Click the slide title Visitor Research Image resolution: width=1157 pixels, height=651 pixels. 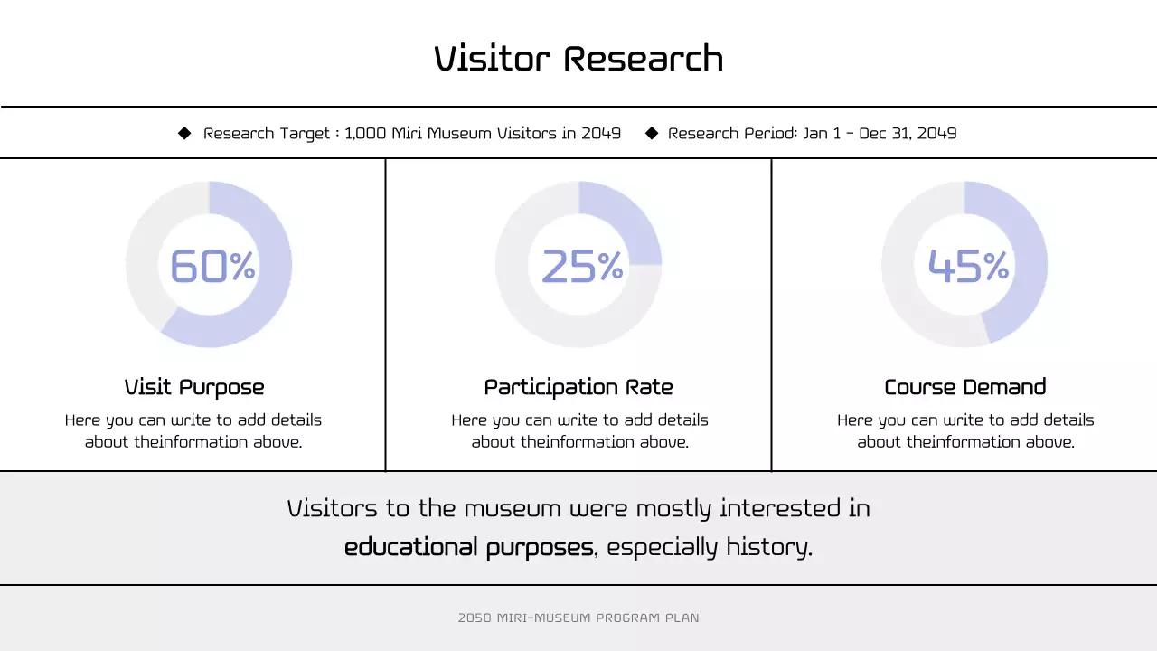click(x=578, y=59)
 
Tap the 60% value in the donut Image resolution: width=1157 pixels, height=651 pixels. click(x=212, y=266)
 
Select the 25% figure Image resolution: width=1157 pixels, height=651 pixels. click(x=582, y=266)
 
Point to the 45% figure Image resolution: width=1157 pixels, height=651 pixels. click(x=968, y=266)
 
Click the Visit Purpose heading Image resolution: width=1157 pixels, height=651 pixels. click(x=194, y=387)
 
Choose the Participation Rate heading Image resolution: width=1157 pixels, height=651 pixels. click(x=578, y=387)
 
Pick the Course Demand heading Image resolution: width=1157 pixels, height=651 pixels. click(x=964, y=387)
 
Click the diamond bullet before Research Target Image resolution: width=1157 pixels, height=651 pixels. click(x=184, y=133)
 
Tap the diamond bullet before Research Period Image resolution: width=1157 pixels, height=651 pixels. click(x=652, y=133)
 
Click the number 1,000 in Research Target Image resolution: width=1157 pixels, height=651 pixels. click(x=365, y=134)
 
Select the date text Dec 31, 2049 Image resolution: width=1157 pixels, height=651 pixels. click(x=908, y=134)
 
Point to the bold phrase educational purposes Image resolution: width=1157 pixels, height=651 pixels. click(x=468, y=547)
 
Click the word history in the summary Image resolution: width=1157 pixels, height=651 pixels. click(x=775, y=547)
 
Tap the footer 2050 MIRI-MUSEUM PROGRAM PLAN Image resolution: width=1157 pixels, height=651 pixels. click(x=578, y=618)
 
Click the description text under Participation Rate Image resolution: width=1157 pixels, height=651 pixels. click(x=579, y=430)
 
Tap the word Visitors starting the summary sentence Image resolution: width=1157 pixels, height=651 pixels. click(x=332, y=508)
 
